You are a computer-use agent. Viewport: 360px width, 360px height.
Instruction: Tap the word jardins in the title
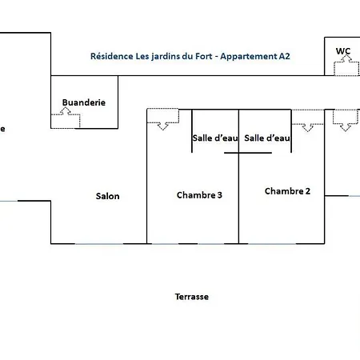coord(162,57)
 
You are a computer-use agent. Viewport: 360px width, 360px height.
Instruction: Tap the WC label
coord(343,51)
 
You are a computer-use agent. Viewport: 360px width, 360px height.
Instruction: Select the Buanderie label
coord(84,102)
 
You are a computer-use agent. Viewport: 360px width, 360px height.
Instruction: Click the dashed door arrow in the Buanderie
coord(66,118)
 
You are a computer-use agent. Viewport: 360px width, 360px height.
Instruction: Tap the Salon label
coord(108,196)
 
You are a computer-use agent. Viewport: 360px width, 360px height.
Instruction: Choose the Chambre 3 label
coord(199,195)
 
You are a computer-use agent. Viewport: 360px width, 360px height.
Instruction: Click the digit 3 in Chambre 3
coord(219,195)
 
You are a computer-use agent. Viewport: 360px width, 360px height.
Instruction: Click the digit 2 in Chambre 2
coord(307,191)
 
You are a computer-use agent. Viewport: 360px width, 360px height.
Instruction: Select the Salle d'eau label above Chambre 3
coord(215,138)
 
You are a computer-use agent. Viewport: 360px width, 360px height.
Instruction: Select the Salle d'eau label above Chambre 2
coord(266,138)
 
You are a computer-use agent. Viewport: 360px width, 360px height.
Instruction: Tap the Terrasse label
coord(192,296)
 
